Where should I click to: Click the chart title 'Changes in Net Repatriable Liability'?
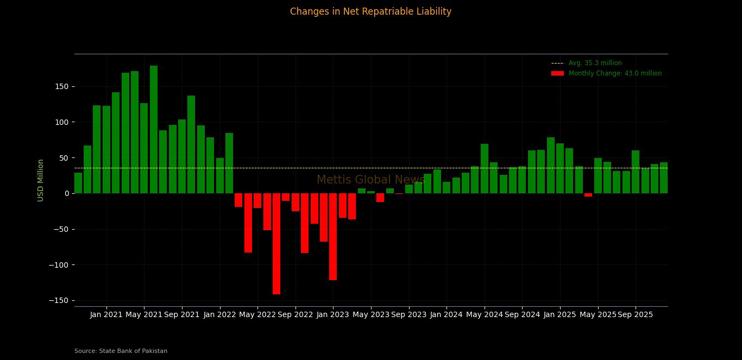(x=370, y=11)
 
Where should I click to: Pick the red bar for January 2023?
(x=333, y=236)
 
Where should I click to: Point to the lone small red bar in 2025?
(x=588, y=195)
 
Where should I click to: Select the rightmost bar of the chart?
(x=664, y=178)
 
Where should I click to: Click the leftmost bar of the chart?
(x=78, y=183)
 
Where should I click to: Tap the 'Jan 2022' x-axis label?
(x=219, y=314)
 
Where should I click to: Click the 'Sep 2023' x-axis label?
(x=408, y=314)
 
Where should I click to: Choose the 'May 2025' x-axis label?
(x=598, y=314)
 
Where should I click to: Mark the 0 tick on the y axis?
(x=66, y=193)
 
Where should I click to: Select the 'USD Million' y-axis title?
(x=41, y=180)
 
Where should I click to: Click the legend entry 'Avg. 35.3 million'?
(x=595, y=63)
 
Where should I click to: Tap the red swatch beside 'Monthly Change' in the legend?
(x=557, y=73)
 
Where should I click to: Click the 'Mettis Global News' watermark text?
(x=370, y=180)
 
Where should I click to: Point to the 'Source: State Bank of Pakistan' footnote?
(x=121, y=351)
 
